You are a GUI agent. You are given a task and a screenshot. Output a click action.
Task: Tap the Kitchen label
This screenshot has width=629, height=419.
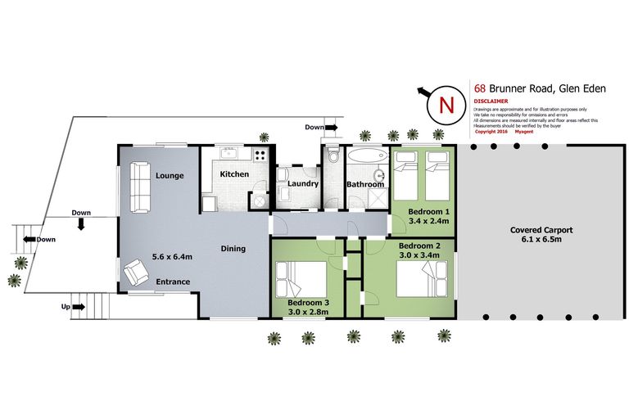point(234,174)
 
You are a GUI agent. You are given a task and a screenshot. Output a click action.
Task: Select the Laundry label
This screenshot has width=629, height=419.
point(303,183)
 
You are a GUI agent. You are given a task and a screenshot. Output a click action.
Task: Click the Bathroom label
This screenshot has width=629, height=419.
point(364,184)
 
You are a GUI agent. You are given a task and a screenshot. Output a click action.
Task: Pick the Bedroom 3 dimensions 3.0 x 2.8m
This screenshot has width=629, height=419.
point(308,311)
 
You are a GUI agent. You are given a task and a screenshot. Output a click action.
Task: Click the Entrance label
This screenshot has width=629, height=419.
point(174,282)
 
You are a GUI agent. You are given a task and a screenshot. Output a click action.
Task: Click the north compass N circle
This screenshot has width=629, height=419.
point(446,105)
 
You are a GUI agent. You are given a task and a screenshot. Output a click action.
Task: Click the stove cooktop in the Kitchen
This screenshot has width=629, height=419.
point(261,155)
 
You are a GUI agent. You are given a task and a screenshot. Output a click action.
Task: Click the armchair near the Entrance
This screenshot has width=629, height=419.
point(136,272)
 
